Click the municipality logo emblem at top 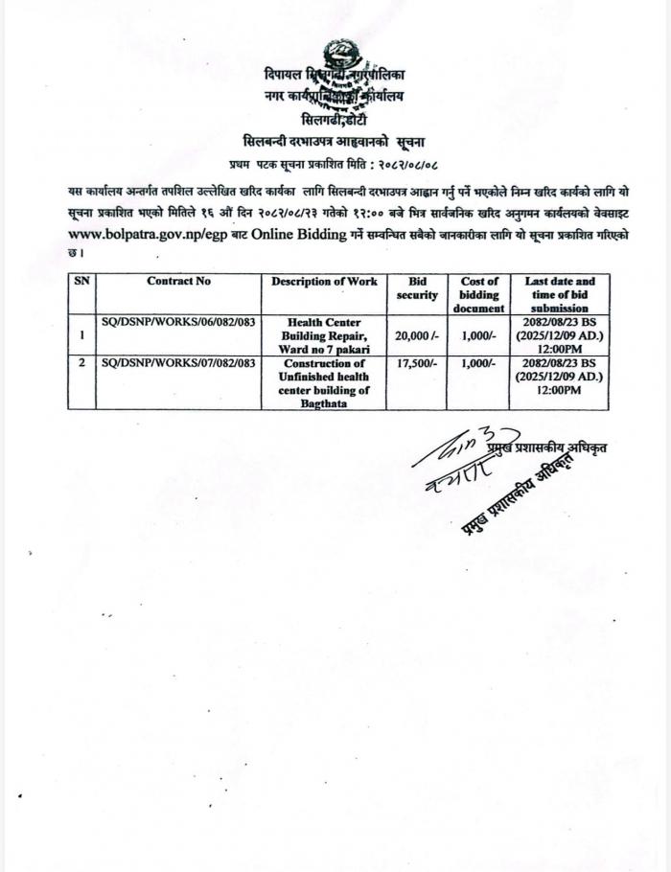pyautogui.click(x=337, y=55)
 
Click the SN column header pyautogui.click(x=81, y=281)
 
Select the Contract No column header pyautogui.click(x=178, y=281)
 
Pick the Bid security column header pyautogui.click(x=417, y=287)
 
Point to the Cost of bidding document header pyautogui.click(x=478, y=294)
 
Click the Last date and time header pyautogui.click(x=560, y=294)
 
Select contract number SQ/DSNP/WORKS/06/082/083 pyautogui.click(x=178, y=323)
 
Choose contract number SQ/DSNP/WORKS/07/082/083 pyautogui.click(x=178, y=364)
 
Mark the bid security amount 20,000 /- pyautogui.click(x=417, y=336)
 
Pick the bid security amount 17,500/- pyautogui.click(x=417, y=364)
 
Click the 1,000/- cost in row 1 pyautogui.click(x=478, y=336)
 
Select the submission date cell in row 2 pyautogui.click(x=560, y=378)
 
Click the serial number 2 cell pyautogui.click(x=81, y=364)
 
